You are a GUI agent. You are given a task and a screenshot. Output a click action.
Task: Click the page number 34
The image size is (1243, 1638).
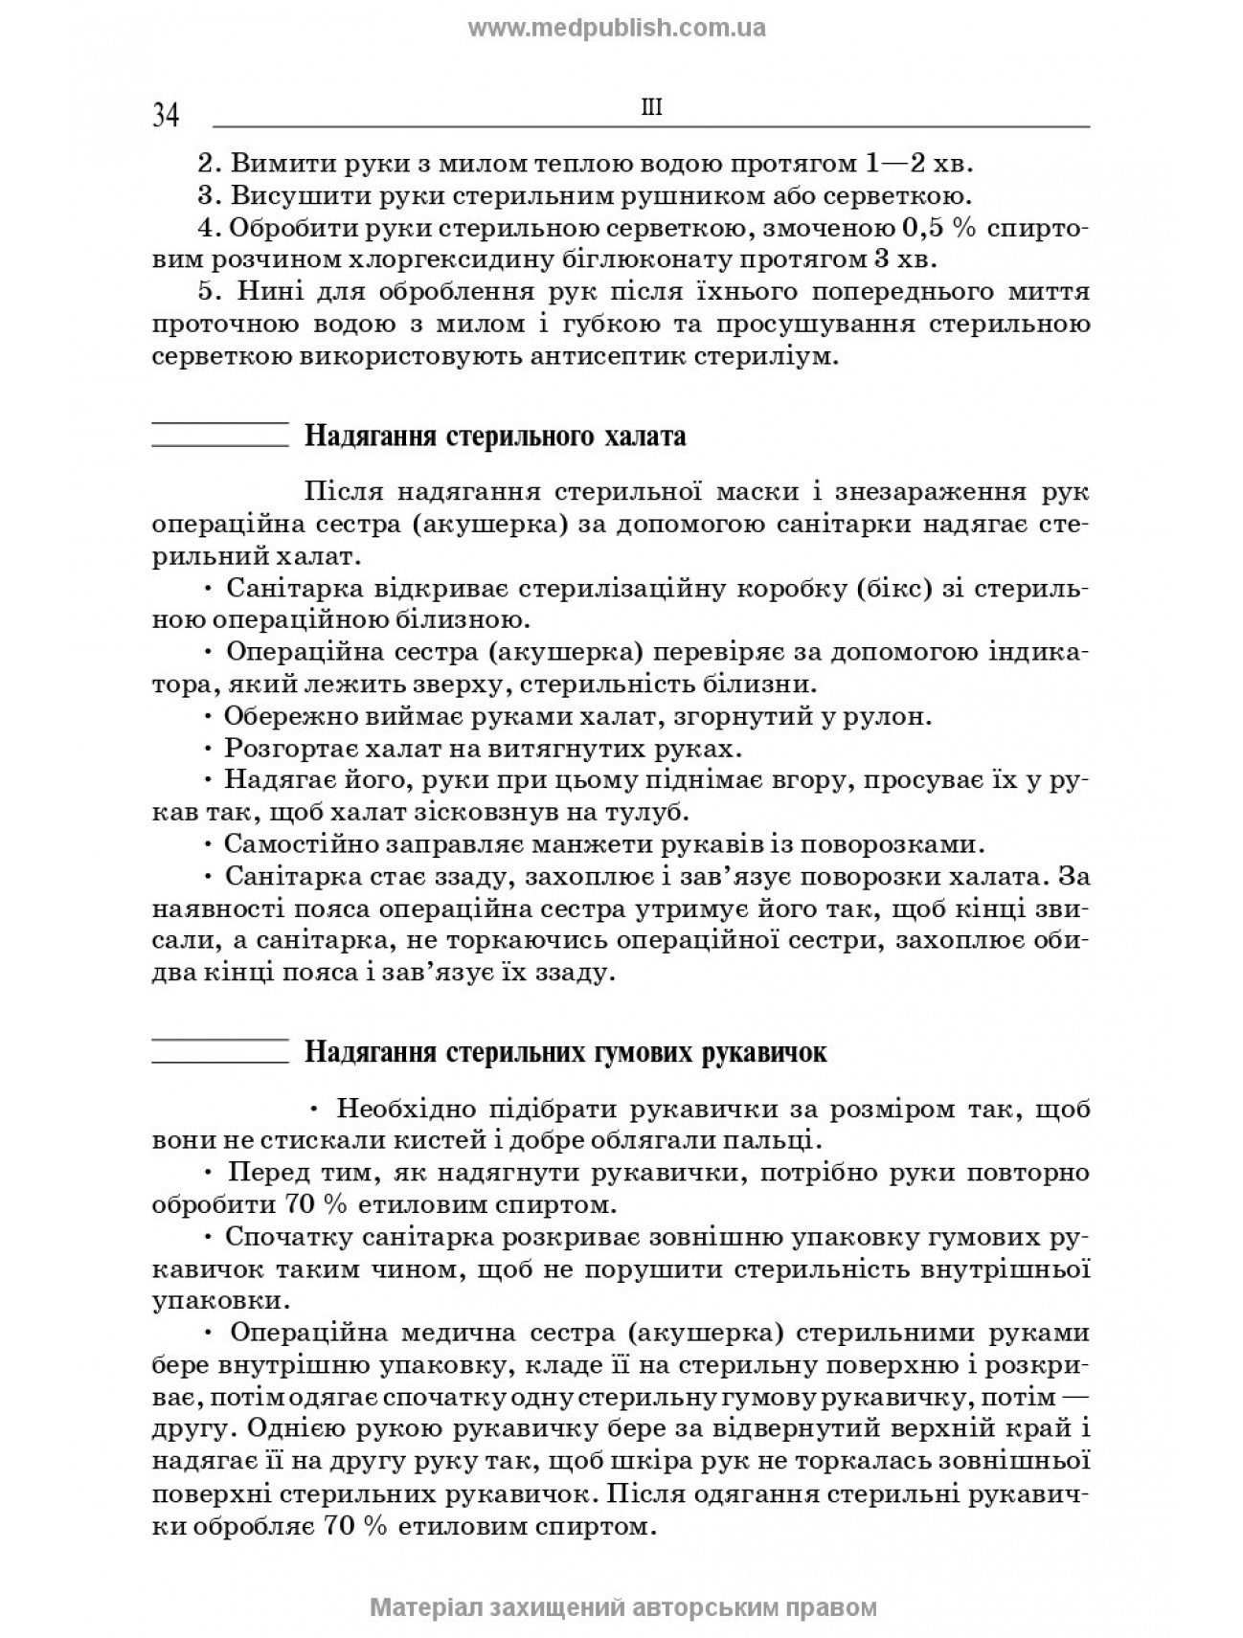pos(166,117)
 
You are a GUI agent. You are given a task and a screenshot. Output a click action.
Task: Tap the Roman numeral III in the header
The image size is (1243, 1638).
pos(651,107)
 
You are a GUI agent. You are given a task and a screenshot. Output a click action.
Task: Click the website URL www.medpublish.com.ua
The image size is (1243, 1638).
pos(617,28)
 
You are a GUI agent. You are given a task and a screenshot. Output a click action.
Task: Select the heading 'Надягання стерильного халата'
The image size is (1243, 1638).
pos(495,437)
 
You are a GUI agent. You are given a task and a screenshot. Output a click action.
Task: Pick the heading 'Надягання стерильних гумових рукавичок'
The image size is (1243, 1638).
pos(565,1053)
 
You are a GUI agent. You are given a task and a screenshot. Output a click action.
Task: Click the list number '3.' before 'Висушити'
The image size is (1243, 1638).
pos(210,196)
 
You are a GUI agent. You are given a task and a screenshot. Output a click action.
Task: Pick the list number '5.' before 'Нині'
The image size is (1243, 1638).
pos(210,292)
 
